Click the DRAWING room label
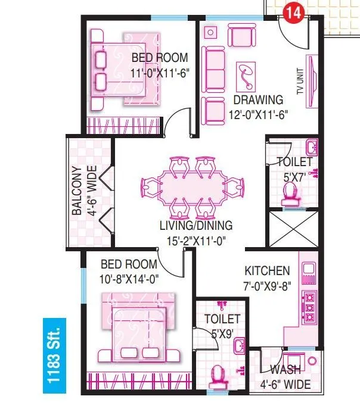point(258,99)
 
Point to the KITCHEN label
point(267,270)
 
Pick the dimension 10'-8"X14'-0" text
point(129,277)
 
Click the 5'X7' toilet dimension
point(294,176)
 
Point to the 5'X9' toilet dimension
point(222,333)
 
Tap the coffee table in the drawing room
point(245,74)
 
